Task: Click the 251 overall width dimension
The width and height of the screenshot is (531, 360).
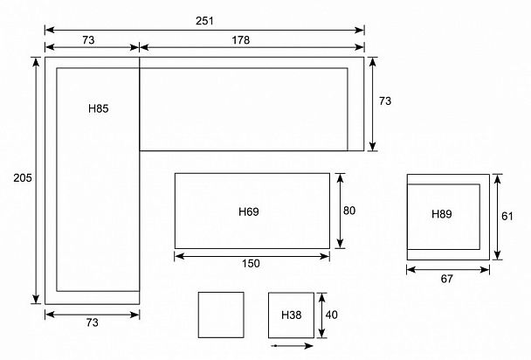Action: click(204, 21)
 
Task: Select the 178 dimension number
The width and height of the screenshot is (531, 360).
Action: click(241, 40)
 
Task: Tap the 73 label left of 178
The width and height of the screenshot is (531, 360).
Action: click(88, 40)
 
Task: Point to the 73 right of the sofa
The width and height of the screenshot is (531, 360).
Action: click(385, 100)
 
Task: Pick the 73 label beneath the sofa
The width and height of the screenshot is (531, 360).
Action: click(92, 322)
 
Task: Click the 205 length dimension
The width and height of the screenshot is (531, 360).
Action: click(23, 177)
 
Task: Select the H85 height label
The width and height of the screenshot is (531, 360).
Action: click(98, 108)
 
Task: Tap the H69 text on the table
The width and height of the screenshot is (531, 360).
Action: click(249, 211)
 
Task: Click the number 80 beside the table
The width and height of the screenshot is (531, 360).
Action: click(349, 211)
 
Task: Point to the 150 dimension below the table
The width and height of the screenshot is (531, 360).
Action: click(251, 264)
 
